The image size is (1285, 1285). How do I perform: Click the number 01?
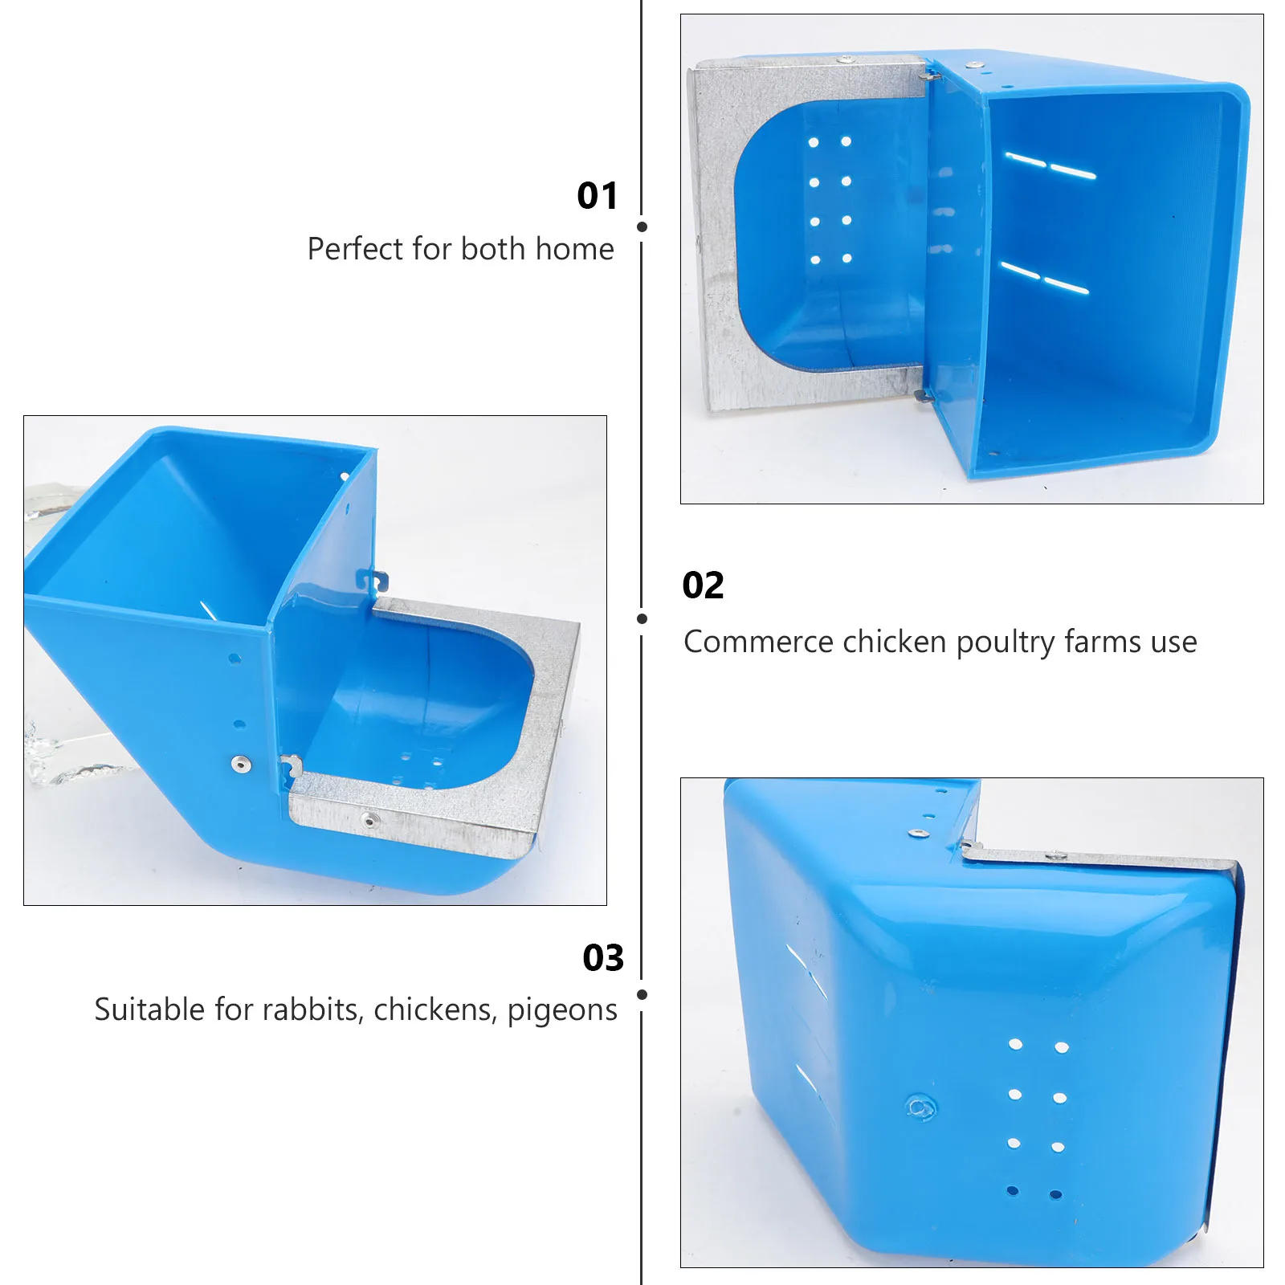pos(598,196)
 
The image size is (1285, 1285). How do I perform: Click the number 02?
pos(703,585)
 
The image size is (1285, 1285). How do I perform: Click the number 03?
pos(603,958)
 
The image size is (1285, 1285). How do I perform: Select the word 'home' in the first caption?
pos(574,249)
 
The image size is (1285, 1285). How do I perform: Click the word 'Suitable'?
pos(149,1010)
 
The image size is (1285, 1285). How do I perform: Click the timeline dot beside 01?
pos(642,227)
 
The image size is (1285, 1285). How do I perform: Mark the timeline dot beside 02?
pos(642,618)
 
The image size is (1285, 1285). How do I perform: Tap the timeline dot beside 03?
pos(642,994)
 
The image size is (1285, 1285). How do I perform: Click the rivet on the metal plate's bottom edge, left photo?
pos(369,820)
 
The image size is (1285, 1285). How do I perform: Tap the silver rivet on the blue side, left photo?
pos(240,764)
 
